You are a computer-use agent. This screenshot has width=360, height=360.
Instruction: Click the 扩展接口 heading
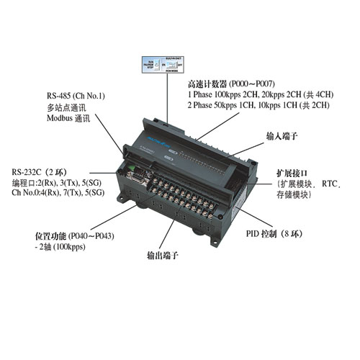click(292, 174)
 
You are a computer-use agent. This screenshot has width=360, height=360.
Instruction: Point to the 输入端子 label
click(282, 137)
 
